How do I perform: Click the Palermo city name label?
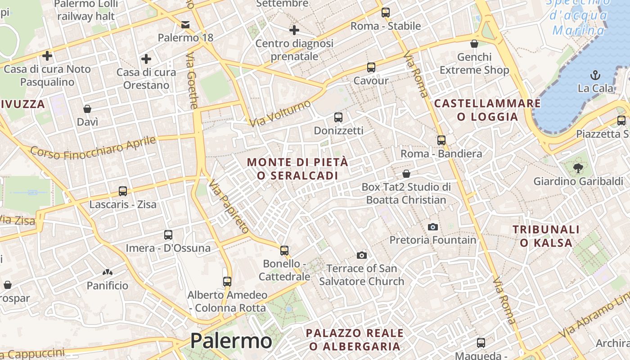231,341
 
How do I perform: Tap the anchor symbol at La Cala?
595,75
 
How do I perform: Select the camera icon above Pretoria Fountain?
432,227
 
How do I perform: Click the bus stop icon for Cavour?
371,67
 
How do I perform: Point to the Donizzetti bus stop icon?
338,117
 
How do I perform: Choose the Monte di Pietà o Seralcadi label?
297,168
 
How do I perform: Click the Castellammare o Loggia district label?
487,110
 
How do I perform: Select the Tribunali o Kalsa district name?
546,236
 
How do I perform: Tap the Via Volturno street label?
280,113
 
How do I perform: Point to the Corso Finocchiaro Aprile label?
93,148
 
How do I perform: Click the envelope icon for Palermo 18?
185,24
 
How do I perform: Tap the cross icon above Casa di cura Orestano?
146,59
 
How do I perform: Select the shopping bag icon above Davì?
87,109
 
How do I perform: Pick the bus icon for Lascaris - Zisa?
123,191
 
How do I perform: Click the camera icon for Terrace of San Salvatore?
361,256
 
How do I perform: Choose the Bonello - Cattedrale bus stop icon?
284,250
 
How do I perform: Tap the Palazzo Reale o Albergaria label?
355,339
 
